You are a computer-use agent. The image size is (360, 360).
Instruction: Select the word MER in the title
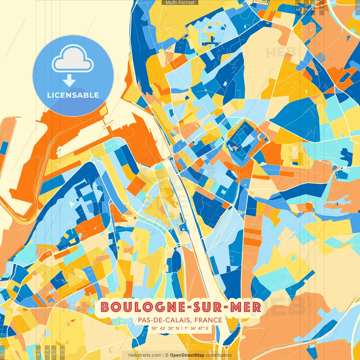[246, 307]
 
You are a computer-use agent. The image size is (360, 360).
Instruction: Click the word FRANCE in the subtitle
[208, 320]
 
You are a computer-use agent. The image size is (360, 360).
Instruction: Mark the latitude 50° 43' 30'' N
[165, 328]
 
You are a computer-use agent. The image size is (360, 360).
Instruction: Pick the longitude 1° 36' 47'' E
[197, 328]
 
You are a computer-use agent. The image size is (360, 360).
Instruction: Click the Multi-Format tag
[180, 3]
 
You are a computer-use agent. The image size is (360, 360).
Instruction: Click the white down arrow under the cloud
[69, 81]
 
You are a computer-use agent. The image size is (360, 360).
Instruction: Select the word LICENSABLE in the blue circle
[73, 95]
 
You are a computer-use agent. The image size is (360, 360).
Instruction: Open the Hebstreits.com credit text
[145, 355]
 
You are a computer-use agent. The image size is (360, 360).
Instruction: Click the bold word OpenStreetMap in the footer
[187, 355]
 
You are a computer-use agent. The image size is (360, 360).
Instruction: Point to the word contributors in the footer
[219, 355]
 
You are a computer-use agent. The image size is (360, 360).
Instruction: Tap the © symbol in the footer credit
[167, 355]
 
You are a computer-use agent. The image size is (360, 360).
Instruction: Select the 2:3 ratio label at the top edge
[298, 7]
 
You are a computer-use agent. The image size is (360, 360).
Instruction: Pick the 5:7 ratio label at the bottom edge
[54, 352]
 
